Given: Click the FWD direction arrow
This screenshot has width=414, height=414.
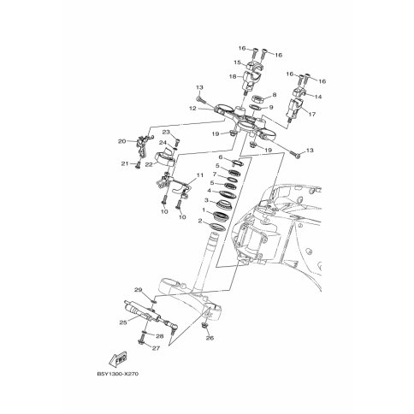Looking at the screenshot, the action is pos(118,359).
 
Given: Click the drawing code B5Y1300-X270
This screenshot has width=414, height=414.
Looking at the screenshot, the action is pos(117,374).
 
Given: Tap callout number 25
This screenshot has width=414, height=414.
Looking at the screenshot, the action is pos(123,322).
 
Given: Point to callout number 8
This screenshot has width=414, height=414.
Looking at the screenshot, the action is pos(275,94).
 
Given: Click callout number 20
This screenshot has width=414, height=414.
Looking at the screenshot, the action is pos(122,141).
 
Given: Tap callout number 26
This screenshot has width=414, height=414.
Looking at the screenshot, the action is pos(210,338).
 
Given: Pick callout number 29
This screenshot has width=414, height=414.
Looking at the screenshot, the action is pos(139,290).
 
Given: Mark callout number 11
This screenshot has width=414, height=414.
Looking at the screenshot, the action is pos(200,174).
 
